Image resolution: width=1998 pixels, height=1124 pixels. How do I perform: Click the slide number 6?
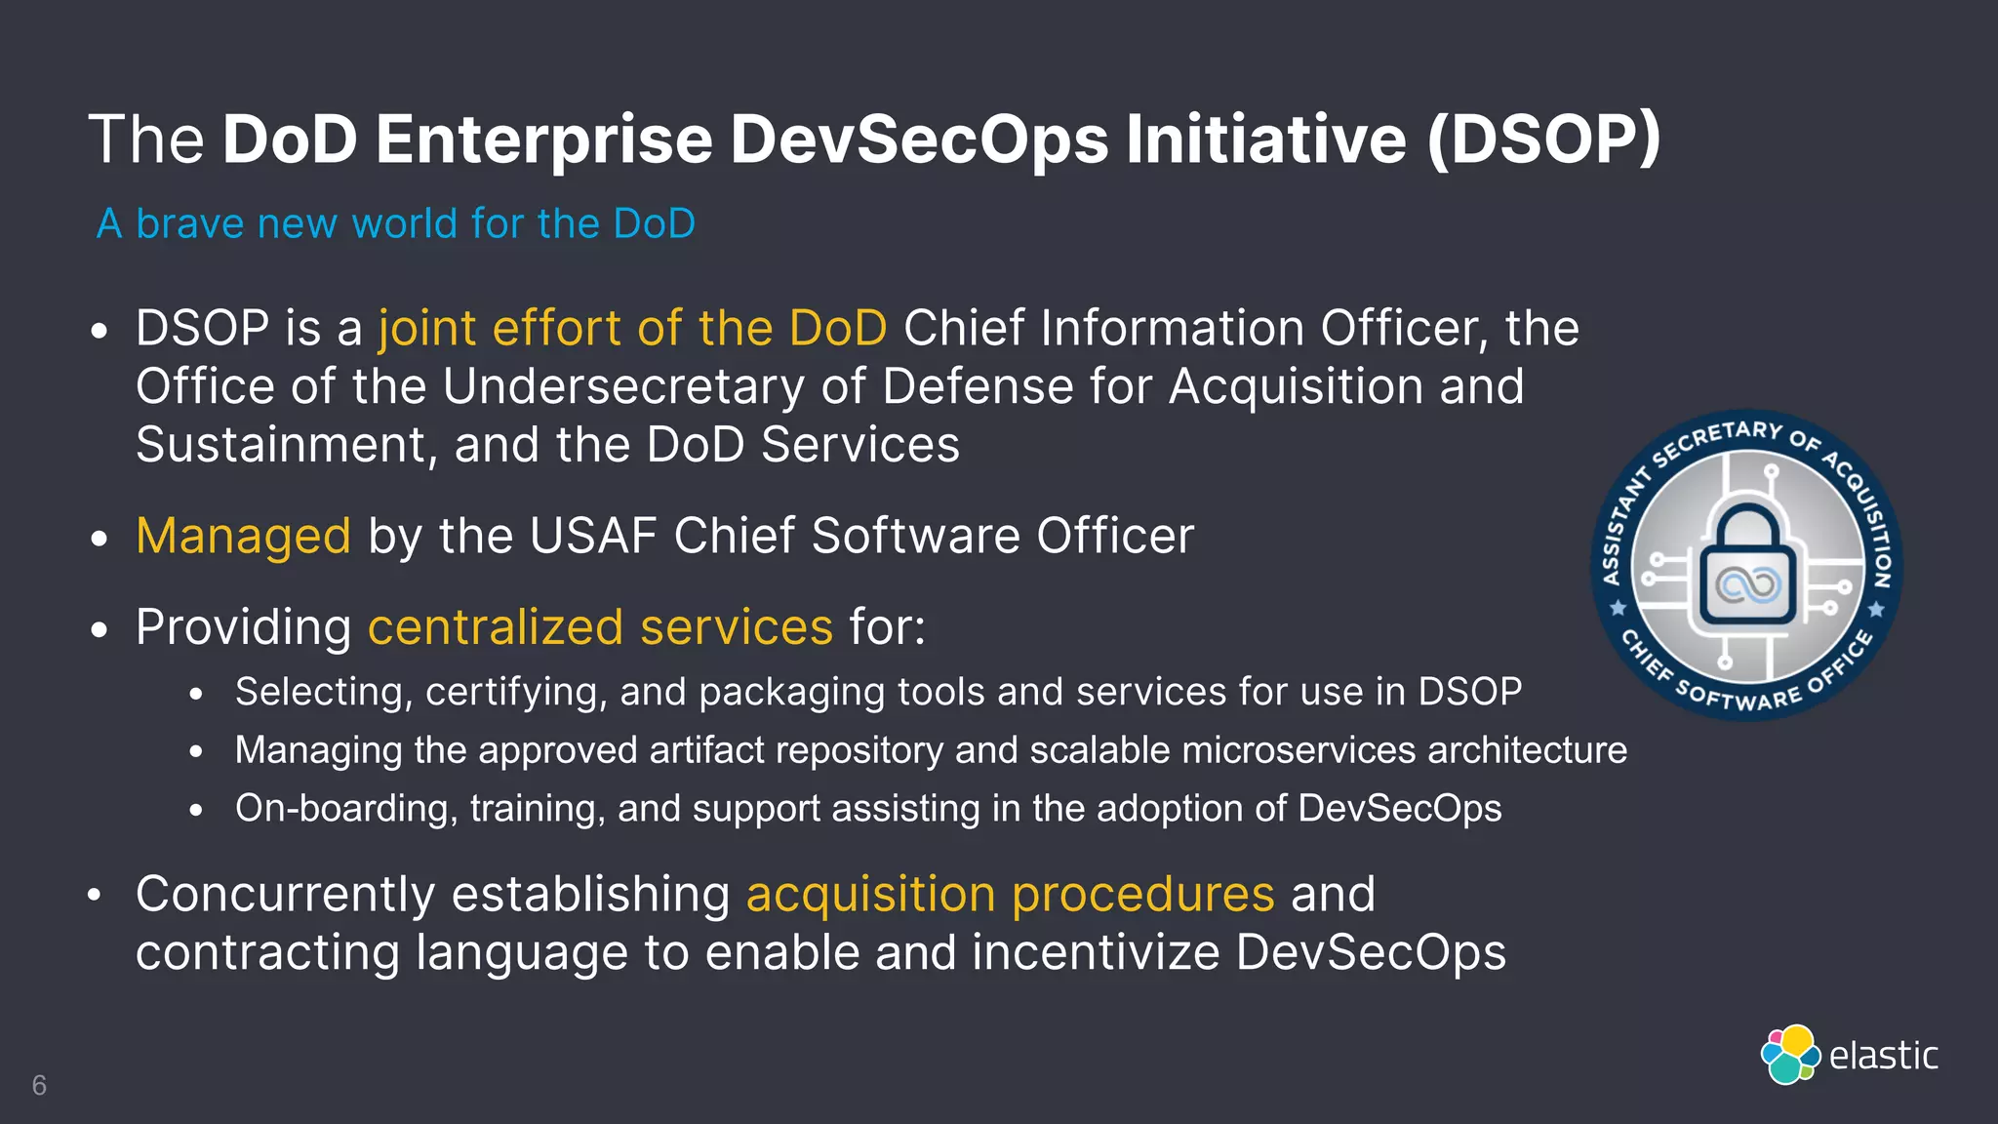(39, 1085)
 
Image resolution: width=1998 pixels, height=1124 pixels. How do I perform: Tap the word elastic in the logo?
(1883, 1056)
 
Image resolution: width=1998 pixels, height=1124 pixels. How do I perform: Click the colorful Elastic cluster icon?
(1790, 1055)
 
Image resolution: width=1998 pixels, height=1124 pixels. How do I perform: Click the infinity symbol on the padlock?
(1748, 585)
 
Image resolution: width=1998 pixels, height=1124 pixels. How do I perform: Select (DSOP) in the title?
(1543, 140)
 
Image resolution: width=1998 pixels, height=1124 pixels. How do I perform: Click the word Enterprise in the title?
(544, 140)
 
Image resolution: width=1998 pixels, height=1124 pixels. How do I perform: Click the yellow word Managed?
(243, 536)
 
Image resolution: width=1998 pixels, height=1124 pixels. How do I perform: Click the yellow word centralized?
(495, 627)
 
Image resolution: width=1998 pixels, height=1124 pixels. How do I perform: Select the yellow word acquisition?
(870, 894)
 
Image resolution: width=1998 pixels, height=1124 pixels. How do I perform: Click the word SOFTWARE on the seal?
(1738, 697)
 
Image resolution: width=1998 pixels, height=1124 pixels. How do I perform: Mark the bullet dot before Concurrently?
(95, 895)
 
